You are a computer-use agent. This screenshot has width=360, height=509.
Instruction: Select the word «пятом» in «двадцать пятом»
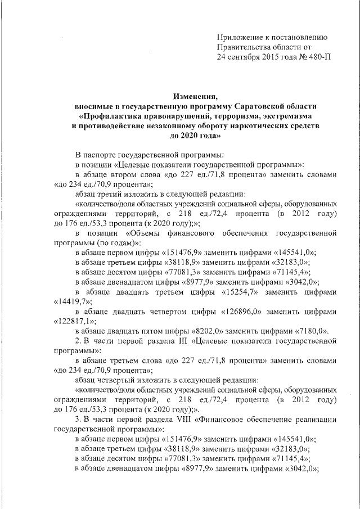point(152,331)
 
